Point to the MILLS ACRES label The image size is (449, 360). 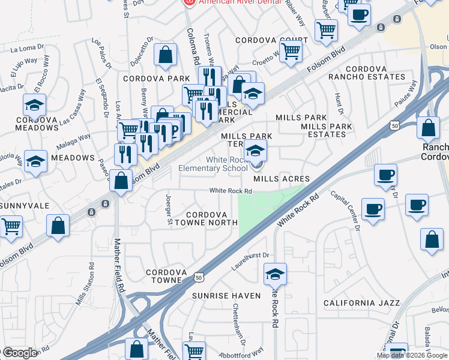[282, 179]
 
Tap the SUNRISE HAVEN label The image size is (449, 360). [226, 296]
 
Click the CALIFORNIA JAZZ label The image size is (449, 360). [361, 303]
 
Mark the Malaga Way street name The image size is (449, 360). [72, 144]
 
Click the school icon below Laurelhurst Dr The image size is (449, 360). [275, 274]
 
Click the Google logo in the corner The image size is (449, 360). [20, 353]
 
